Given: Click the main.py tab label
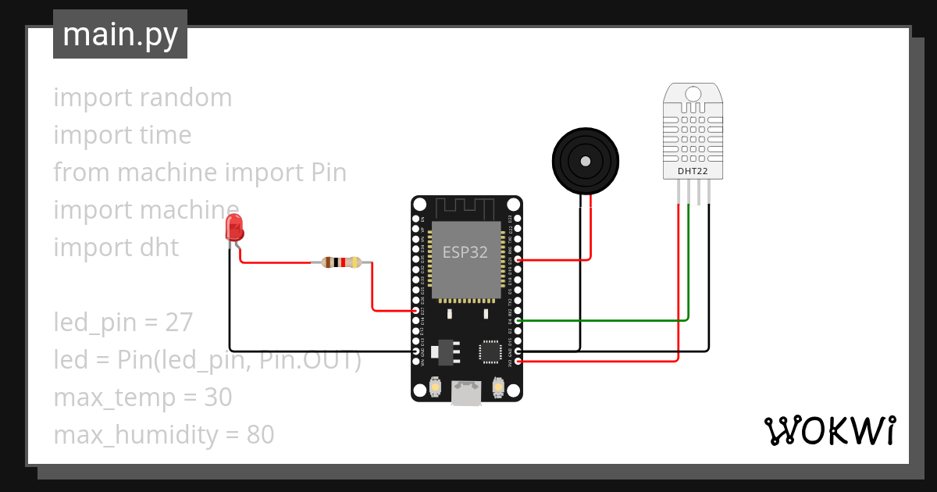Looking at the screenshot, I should coord(120,34).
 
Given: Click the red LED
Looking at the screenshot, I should coord(234,228).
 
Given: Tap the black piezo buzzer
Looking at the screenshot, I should coord(586,160).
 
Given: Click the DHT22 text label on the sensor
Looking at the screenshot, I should coord(693,170).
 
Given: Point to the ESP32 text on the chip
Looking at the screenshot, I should coord(465,252).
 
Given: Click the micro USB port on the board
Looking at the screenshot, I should coord(467,394).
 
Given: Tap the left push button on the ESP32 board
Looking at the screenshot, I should coord(435,386).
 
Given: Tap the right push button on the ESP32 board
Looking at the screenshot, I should coord(499,386).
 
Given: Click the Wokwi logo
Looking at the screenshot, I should coord(828,430).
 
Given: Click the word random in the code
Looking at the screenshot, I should coord(187,98).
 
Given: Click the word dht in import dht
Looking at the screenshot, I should coord(159,248).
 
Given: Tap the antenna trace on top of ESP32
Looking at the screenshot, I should coord(465,208).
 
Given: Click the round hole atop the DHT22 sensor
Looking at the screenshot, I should coord(693,94).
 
